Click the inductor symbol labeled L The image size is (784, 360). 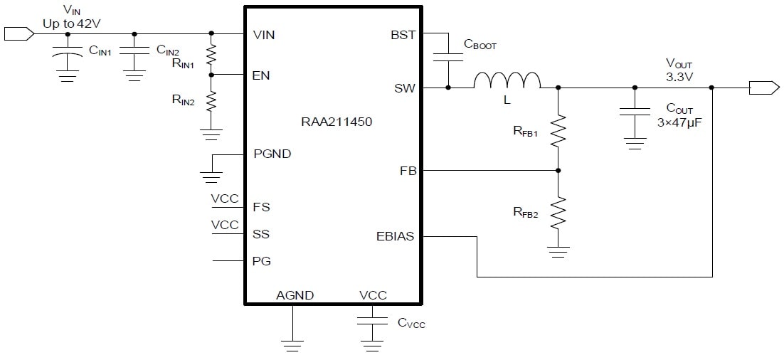[x=507, y=80]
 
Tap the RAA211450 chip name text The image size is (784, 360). [x=336, y=122]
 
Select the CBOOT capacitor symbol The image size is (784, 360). [x=448, y=56]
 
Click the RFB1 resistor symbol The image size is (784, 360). [x=558, y=131]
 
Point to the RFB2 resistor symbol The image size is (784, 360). [x=558, y=213]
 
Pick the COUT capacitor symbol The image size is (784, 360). [x=635, y=112]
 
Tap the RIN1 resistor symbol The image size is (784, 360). [x=211, y=54]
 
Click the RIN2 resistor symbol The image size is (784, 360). [x=211, y=102]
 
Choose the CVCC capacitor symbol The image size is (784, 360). [x=372, y=320]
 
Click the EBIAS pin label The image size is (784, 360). [x=396, y=236]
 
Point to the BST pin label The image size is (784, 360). [x=403, y=35]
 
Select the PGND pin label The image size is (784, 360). [x=272, y=154]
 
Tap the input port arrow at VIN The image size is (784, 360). [x=19, y=34]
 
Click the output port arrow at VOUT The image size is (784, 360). [x=764, y=88]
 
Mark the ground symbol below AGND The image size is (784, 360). [x=292, y=346]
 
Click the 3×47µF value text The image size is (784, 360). [x=677, y=122]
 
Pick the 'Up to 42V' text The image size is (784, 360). [x=73, y=23]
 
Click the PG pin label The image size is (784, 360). [x=262, y=261]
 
